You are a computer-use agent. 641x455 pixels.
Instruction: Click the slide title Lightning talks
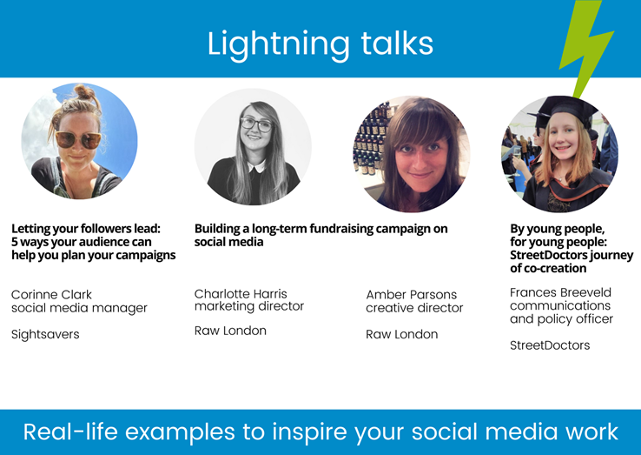pyautogui.click(x=320, y=43)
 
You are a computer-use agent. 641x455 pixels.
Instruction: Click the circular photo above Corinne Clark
pyautogui.click(x=79, y=142)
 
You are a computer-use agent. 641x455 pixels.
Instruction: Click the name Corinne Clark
pyautogui.click(x=51, y=295)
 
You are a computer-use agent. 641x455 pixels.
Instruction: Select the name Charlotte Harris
pyautogui.click(x=241, y=293)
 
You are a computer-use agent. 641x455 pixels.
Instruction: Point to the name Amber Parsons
pyautogui.click(x=411, y=295)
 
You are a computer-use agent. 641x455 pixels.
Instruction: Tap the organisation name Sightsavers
pyautogui.click(x=45, y=334)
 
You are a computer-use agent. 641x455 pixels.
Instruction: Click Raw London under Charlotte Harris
pyautogui.click(x=230, y=331)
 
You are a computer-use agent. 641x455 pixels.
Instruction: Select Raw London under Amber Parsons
pyautogui.click(x=401, y=334)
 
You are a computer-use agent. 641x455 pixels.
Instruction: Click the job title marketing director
pyautogui.click(x=248, y=306)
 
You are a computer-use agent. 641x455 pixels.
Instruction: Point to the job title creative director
pyautogui.click(x=414, y=308)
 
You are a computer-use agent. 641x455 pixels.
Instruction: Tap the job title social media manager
pyautogui.click(x=79, y=308)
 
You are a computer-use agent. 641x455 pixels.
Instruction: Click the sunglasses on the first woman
pyautogui.click(x=77, y=139)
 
